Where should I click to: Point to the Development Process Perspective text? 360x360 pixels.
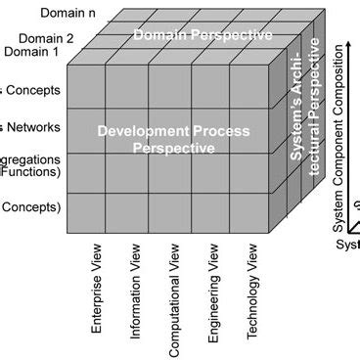[x=173, y=139]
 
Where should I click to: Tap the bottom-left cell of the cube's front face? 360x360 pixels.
[x=87, y=213]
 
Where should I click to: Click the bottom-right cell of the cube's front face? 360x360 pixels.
[x=248, y=213]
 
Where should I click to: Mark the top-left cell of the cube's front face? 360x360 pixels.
[x=87, y=87]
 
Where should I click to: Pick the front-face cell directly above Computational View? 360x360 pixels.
[x=168, y=213]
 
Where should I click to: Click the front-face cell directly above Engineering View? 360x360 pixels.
[x=208, y=213]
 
